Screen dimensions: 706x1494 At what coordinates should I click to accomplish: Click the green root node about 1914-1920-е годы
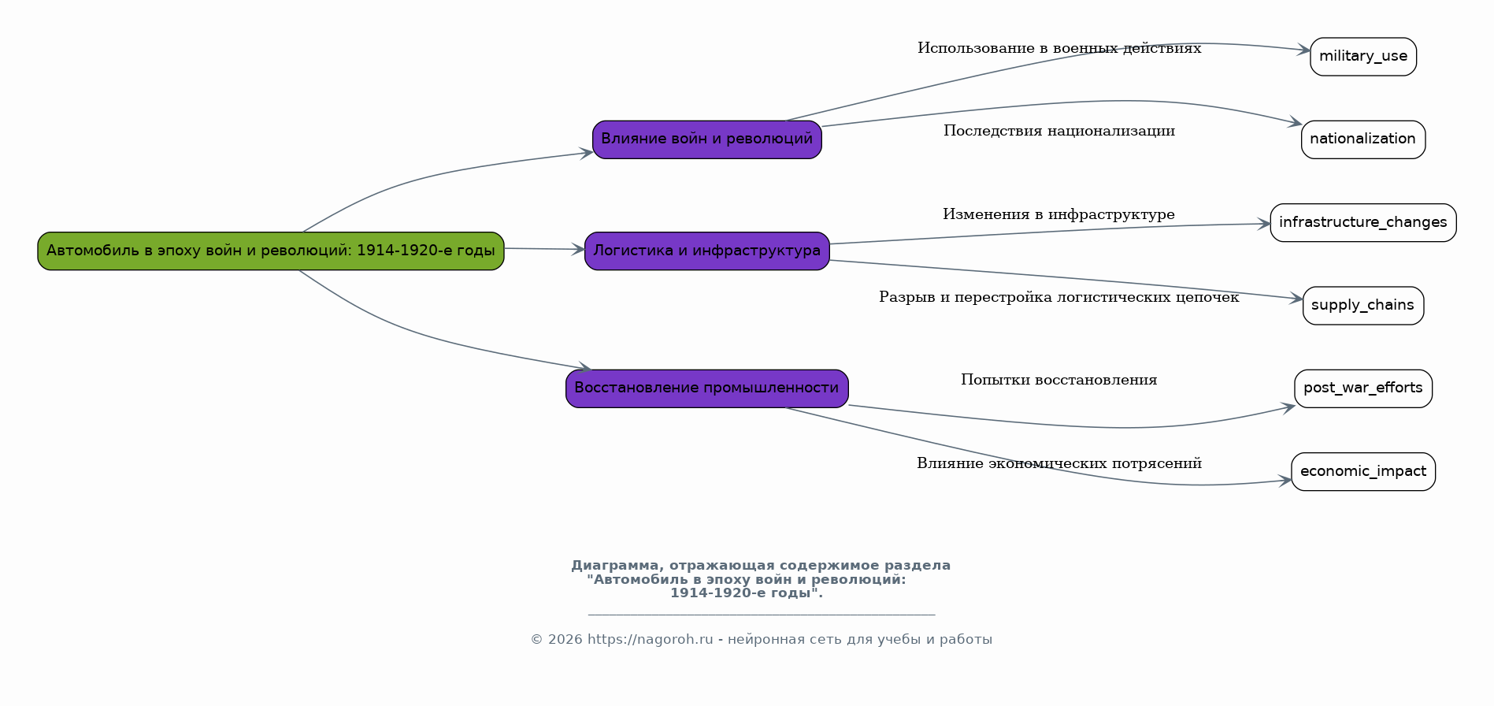270,251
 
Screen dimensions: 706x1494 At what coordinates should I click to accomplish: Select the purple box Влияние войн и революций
706,139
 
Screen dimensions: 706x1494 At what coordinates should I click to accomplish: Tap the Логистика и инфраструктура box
706,251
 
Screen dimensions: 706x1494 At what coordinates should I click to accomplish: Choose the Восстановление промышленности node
706,388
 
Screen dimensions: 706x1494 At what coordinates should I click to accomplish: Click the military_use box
1362,56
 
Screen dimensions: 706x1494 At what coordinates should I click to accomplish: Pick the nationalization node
1362,139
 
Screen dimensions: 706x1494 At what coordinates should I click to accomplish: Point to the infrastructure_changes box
1362,222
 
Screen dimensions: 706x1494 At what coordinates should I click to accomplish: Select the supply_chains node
1362,305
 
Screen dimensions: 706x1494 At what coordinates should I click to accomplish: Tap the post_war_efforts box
1362,388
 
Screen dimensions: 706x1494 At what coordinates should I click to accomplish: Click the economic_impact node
1362,471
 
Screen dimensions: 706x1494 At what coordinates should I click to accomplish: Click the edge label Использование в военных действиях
1058,49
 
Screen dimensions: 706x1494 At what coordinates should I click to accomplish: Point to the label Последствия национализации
1058,132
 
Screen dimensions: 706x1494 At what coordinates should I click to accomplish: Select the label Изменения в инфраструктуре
1058,214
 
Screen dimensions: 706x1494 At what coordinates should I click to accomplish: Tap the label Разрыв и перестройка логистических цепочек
1058,297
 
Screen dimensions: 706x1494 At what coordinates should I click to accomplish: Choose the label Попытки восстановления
1058,381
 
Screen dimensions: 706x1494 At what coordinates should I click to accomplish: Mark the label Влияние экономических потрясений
1058,463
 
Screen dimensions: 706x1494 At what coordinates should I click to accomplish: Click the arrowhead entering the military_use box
1304,50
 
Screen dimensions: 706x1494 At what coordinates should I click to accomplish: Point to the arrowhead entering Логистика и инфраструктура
578,250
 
